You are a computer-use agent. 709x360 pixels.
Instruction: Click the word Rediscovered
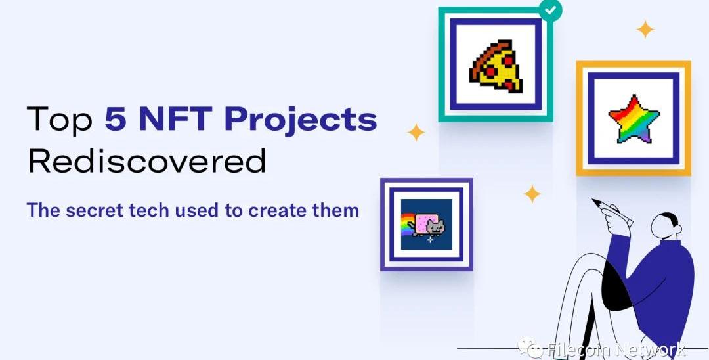[x=147, y=161]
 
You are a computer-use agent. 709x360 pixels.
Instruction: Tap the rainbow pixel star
[x=634, y=119]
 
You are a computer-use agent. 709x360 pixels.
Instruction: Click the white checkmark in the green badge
[x=551, y=11]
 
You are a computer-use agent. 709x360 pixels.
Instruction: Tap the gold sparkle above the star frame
[x=645, y=30]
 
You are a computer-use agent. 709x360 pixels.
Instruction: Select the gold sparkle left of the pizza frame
[x=416, y=132]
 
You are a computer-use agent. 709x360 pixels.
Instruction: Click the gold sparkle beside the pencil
[x=532, y=194]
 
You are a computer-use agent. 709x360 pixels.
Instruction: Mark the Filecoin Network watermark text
[x=615, y=349]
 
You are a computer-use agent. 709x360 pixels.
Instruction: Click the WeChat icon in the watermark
[x=530, y=348]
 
